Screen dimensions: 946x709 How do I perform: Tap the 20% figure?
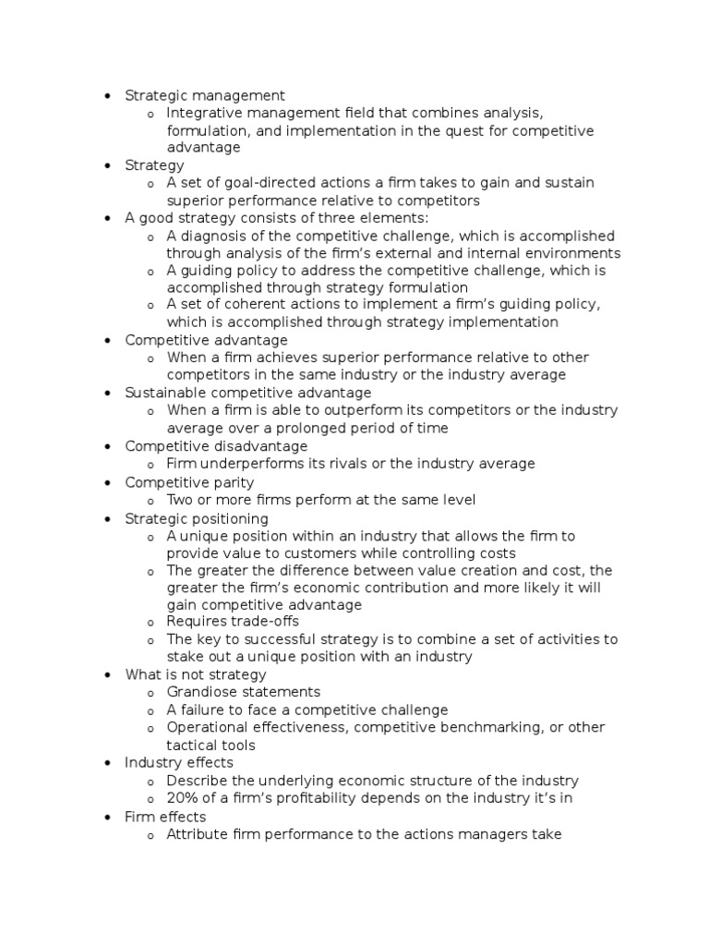(x=182, y=798)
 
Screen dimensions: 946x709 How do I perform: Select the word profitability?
(x=297, y=798)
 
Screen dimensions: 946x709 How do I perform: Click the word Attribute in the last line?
(x=198, y=834)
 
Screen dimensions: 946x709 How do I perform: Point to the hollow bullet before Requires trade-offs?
(x=150, y=623)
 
